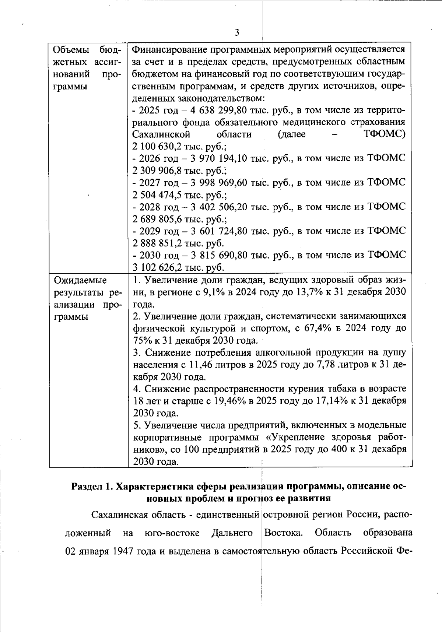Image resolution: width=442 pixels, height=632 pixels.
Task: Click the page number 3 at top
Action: click(x=237, y=32)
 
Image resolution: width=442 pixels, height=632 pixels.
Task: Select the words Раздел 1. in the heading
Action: click(x=92, y=487)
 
